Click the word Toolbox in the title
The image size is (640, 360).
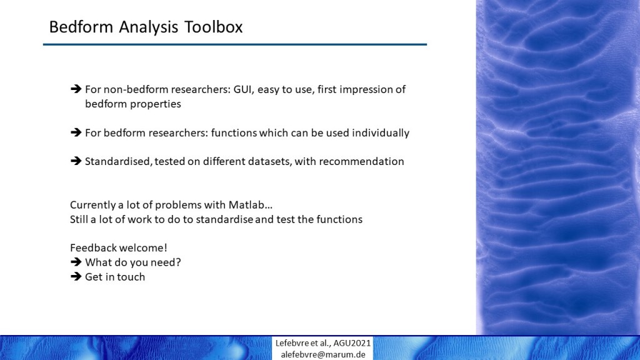[x=214, y=27]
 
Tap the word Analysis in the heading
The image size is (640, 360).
[x=149, y=27]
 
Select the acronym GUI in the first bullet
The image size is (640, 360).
[x=242, y=89]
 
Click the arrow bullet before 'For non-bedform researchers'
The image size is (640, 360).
[x=76, y=89]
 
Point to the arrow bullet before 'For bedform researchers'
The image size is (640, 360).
[x=76, y=132]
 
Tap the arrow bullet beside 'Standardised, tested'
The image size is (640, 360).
[x=76, y=161]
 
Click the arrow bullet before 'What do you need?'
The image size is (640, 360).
[x=76, y=262]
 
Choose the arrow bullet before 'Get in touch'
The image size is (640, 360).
[x=76, y=276]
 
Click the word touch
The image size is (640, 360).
[x=131, y=277]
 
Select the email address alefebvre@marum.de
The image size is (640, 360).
[x=323, y=354]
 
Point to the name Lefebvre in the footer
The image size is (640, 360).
[x=292, y=343]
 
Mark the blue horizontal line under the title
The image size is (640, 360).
[x=235, y=44]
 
